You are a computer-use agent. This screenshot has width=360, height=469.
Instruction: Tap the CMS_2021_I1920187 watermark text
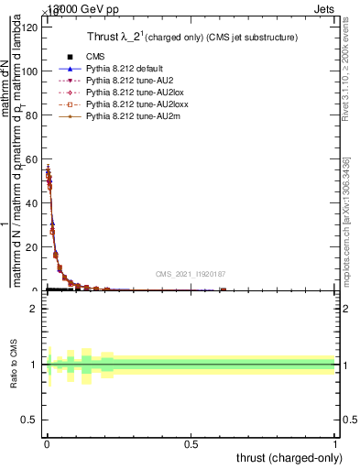pos(190,275)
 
